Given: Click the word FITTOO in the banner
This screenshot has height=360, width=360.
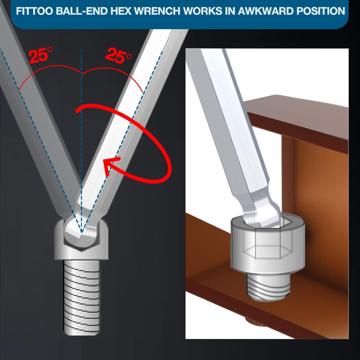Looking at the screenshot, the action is (x=35, y=11).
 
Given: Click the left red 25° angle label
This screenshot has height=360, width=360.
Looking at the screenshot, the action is (x=40, y=55).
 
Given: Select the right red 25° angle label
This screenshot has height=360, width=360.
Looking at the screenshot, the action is (x=118, y=55).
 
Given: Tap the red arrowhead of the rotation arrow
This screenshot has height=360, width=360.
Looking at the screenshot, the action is (x=111, y=166).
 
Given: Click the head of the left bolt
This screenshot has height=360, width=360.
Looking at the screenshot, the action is (x=81, y=239).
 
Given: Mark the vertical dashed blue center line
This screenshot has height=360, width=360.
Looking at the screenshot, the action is (x=81, y=140).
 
